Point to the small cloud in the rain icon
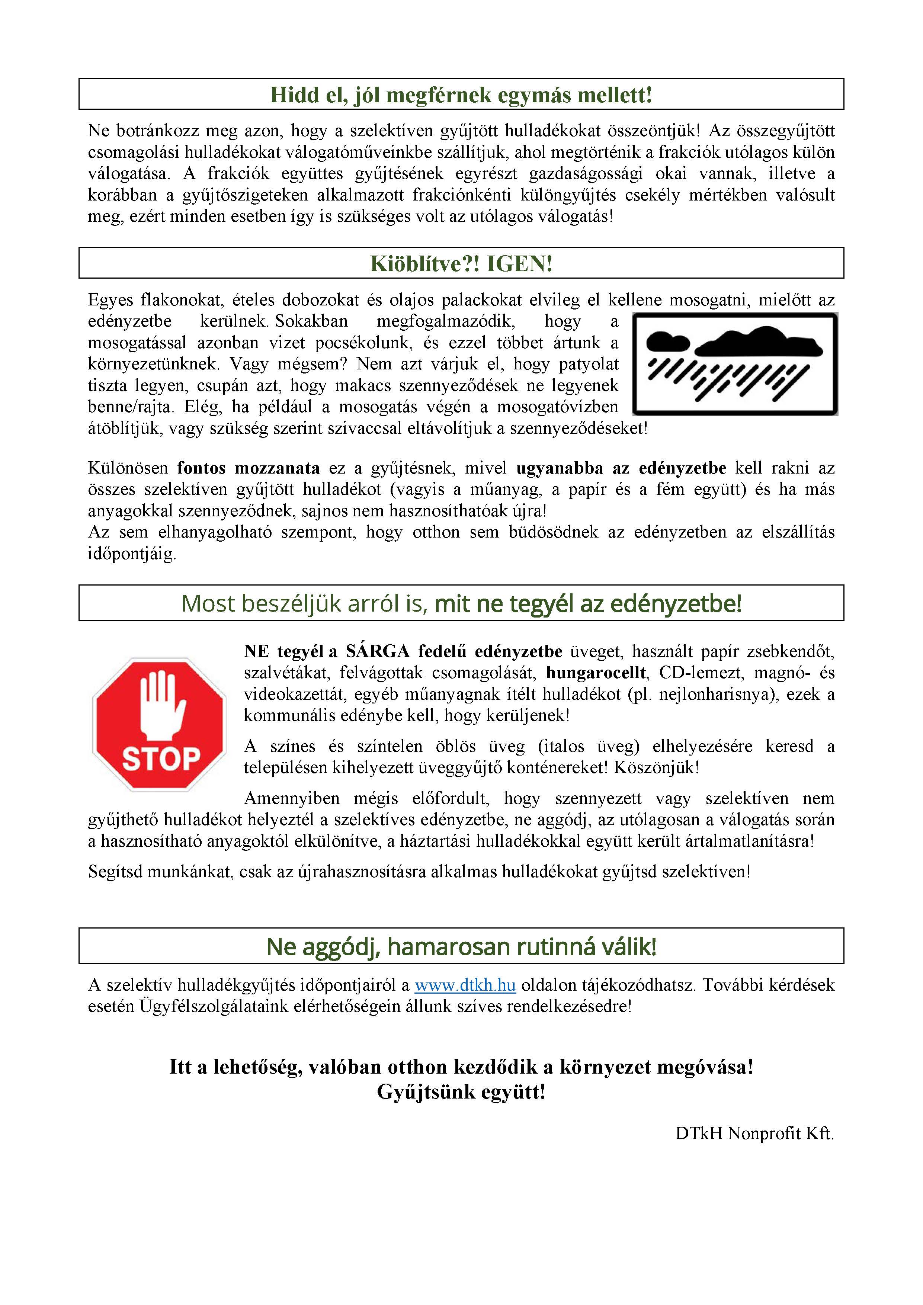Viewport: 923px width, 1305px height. [x=668, y=342]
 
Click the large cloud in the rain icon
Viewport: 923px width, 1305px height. [x=759, y=341]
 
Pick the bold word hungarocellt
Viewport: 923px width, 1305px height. [x=596, y=673]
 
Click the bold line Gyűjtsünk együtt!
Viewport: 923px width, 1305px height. [x=461, y=1092]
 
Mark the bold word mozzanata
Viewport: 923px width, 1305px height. [x=278, y=468]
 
